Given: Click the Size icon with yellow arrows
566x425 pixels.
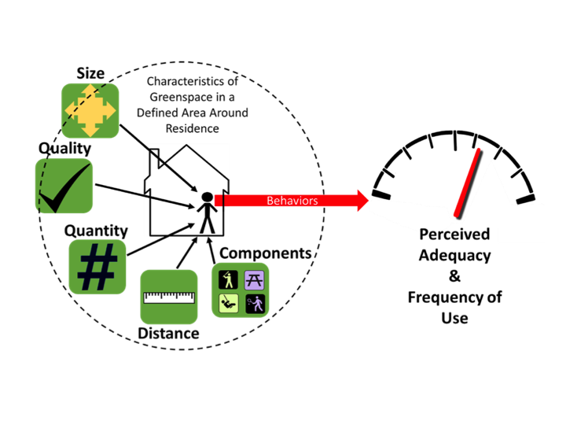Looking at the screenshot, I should click(90, 110).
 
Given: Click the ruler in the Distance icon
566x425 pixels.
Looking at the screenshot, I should click(168, 297).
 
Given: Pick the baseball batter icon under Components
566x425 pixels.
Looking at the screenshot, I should click(226, 279).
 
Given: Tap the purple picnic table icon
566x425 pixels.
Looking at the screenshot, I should click(254, 279).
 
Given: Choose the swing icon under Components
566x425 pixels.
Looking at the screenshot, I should click(226, 303).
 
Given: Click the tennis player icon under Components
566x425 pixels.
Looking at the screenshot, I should click(254, 303).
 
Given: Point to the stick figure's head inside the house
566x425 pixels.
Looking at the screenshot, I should click(206, 197).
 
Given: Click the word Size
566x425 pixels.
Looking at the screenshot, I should click(90, 73).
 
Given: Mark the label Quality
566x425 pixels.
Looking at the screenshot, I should click(64, 148).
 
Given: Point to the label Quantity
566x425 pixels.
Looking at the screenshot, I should click(96, 231).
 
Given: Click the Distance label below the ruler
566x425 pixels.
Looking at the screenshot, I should click(168, 334).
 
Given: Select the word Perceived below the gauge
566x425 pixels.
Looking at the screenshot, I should click(454, 235).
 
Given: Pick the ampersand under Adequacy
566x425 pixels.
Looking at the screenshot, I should click(454, 276).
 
